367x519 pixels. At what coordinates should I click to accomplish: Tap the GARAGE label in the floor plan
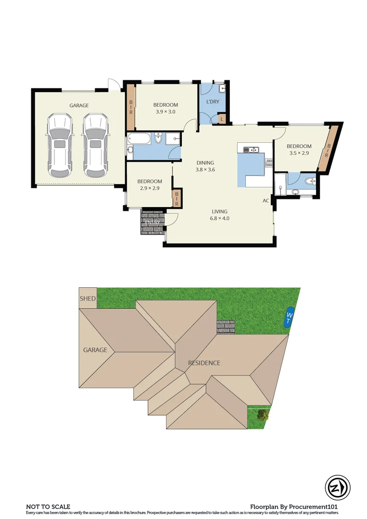(79, 105)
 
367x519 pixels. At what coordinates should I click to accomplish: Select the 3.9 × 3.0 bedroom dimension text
(165, 111)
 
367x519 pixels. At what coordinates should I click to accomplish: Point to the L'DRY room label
(213, 102)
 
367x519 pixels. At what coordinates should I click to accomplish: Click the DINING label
(205, 162)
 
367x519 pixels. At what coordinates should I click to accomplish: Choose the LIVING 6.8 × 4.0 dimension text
(220, 218)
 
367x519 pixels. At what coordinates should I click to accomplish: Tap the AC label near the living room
(266, 201)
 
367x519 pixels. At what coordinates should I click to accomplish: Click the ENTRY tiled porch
(152, 222)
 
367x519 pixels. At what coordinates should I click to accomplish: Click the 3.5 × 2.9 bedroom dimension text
(299, 153)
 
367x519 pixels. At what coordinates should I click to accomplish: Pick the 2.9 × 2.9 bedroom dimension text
(149, 188)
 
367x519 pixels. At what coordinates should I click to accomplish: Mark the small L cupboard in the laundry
(222, 118)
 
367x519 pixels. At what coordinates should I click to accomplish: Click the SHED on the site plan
(88, 298)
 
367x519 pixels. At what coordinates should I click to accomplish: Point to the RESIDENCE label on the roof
(204, 363)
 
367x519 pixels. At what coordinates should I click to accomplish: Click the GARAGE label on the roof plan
(95, 350)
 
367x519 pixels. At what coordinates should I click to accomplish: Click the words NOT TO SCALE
(48, 507)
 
